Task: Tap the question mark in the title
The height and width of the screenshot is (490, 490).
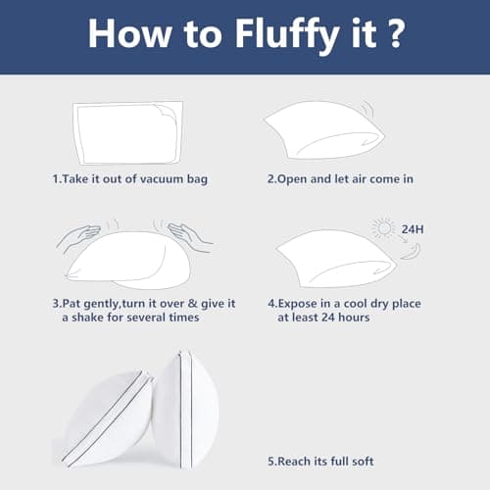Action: pos(397,33)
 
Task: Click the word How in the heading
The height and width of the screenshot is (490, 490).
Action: pos(129,33)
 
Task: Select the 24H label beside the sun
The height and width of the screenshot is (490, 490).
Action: pos(413,229)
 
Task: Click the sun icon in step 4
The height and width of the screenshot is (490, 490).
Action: pos(384,228)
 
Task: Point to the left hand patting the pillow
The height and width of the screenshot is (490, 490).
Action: pos(79,236)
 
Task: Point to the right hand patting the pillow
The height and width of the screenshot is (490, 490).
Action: pos(189,236)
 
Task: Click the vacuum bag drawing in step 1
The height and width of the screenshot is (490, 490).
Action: pos(127,133)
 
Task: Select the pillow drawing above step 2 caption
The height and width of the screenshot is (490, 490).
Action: pos(324,130)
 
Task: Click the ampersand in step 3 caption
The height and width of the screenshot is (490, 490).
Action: pos(193,304)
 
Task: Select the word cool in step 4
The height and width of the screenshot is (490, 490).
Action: pos(356,304)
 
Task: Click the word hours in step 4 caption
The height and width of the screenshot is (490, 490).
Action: pos(354,318)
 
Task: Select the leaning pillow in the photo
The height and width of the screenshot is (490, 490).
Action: pos(106,418)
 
